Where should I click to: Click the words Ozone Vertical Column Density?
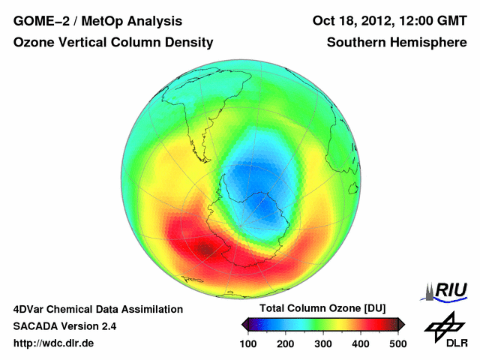pyautogui.click(x=112, y=43)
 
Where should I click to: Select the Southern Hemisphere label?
pyautogui.click(x=397, y=43)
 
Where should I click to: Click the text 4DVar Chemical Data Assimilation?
pyautogui.click(x=97, y=309)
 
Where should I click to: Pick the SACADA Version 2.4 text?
pyautogui.click(x=64, y=326)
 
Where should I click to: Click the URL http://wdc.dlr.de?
pyautogui.click(x=54, y=343)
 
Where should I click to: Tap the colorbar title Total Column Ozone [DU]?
pyautogui.click(x=322, y=309)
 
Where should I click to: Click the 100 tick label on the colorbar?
pyautogui.click(x=249, y=343)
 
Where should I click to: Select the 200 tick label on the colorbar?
pyautogui.click(x=286, y=343)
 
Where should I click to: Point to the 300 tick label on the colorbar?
pyautogui.click(x=322, y=343)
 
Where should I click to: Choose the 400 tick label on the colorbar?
pyautogui.click(x=360, y=343)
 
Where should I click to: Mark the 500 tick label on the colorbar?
pyautogui.click(x=397, y=343)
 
